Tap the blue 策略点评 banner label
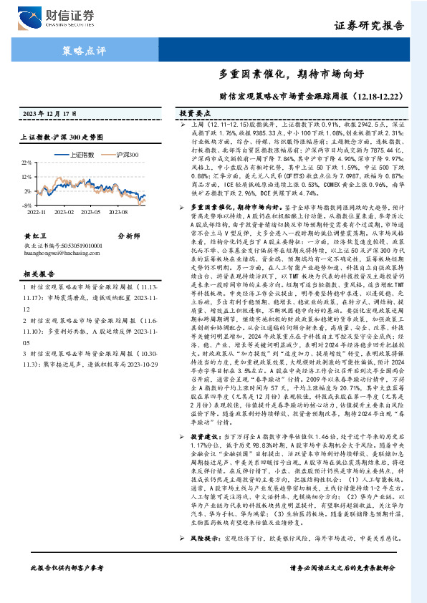[x=80, y=51]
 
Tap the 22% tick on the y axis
[x=27, y=163]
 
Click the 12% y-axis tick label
[x=27, y=177]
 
